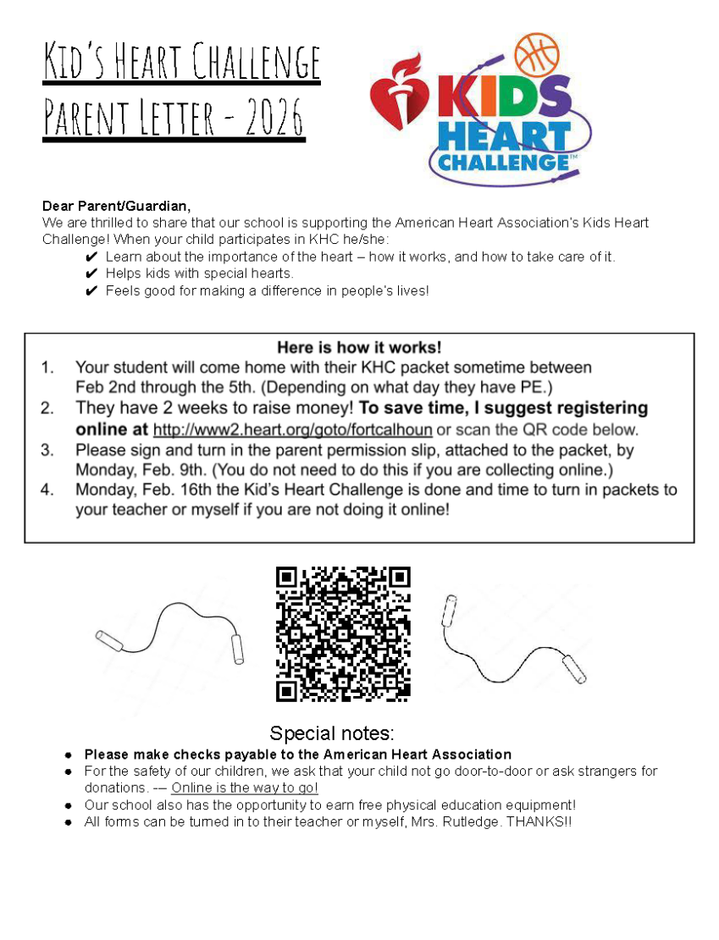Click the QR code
(x=343, y=634)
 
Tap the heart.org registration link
(x=292, y=429)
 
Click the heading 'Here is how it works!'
(x=359, y=347)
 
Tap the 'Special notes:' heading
(x=332, y=733)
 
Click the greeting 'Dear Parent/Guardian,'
(x=117, y=206)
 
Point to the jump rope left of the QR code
(x=170, y=634)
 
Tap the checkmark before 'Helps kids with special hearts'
(x=92, y=274)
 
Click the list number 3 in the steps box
(x=47, y=450)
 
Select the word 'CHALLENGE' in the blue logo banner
(x=503, y=161)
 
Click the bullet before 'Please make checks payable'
(x=67, y=755)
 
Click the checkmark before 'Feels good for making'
(x=92, y=291)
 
